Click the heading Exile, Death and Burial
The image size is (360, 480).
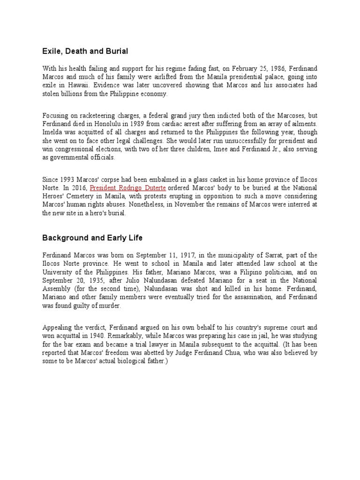coord(85,51)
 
